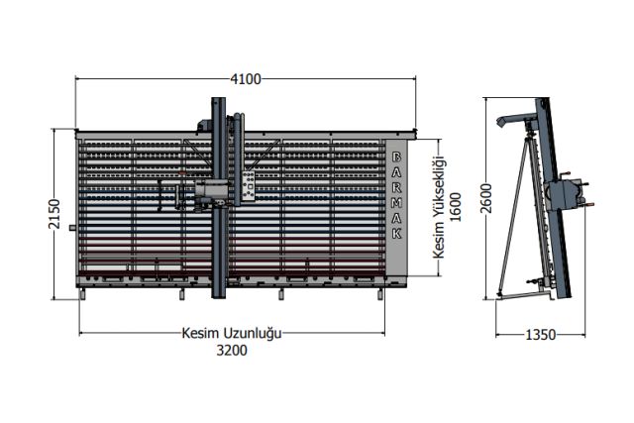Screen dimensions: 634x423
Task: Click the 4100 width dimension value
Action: tap(246, 79)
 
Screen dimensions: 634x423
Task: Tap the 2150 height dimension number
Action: tap(54, 214)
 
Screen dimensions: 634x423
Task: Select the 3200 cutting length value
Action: tap(232, 351)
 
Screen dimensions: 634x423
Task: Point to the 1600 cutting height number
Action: tap(456, 207)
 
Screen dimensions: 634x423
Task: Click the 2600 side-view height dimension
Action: tap(486, 198)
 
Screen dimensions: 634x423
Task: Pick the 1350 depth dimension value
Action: tap(540, 335)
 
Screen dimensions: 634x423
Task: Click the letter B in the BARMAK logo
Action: tap(397, 157)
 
